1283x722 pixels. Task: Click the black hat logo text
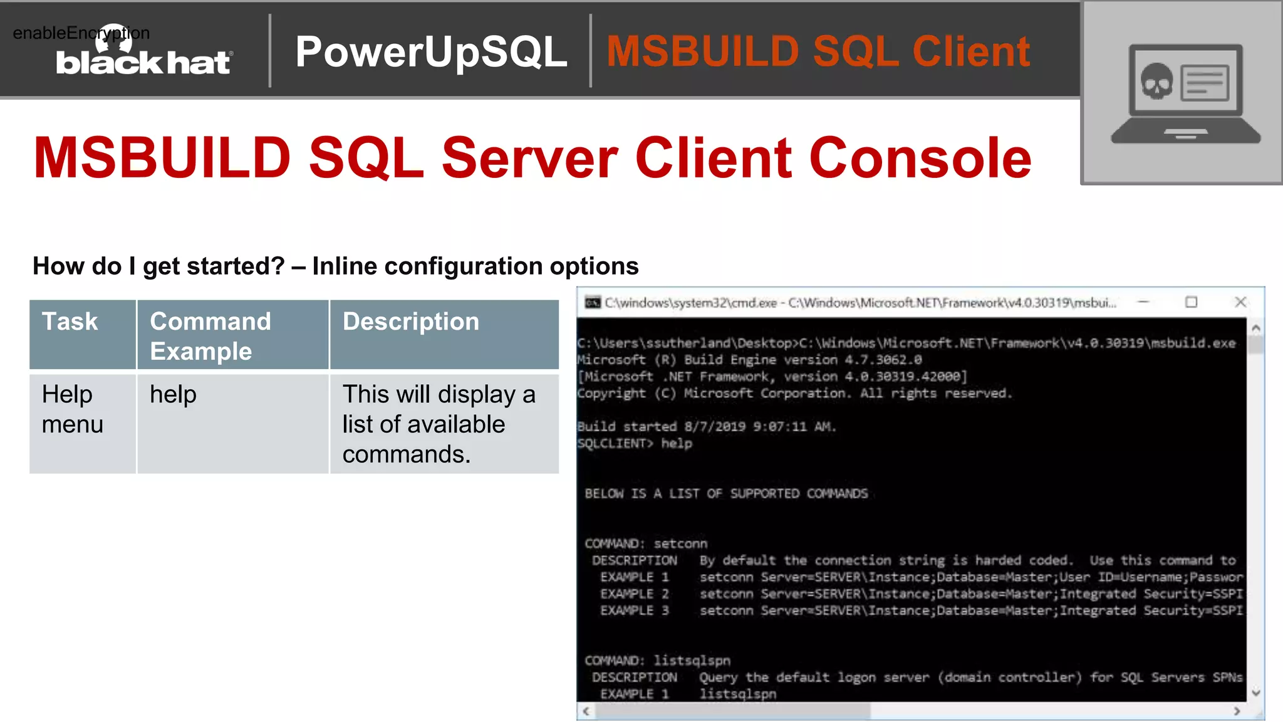[x=143, y=63]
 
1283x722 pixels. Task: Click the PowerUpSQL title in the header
[x=431, y=51]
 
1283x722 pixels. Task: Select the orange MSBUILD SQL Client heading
[x=818, y=51]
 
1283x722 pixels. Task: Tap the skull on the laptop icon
[x=1156, y=82]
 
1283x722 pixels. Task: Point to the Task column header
[x=70, y=322]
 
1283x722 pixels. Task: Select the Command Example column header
[x=210, y=336]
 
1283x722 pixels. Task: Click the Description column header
[x=410, y=322]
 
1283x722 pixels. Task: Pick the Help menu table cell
[x=73, y=409]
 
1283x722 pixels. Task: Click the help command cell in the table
[x=174, y=395]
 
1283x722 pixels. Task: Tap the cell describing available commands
[x=439, y=424]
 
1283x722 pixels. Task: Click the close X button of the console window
[x=1240, y=302]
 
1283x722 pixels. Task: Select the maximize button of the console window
[x=1191, y=302]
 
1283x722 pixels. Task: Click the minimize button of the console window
[x=1143, y=302]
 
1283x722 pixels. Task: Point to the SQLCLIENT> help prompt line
[x=635, y=444]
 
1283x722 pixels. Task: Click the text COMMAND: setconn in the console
[x=646, y=543]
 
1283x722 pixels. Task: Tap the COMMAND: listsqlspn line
[x=657, y=661]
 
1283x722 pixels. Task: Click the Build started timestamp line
[x=707, y=427]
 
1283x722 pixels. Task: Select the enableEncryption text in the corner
[x=81, y=33]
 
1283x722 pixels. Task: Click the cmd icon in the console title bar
[x=592, y=303]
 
